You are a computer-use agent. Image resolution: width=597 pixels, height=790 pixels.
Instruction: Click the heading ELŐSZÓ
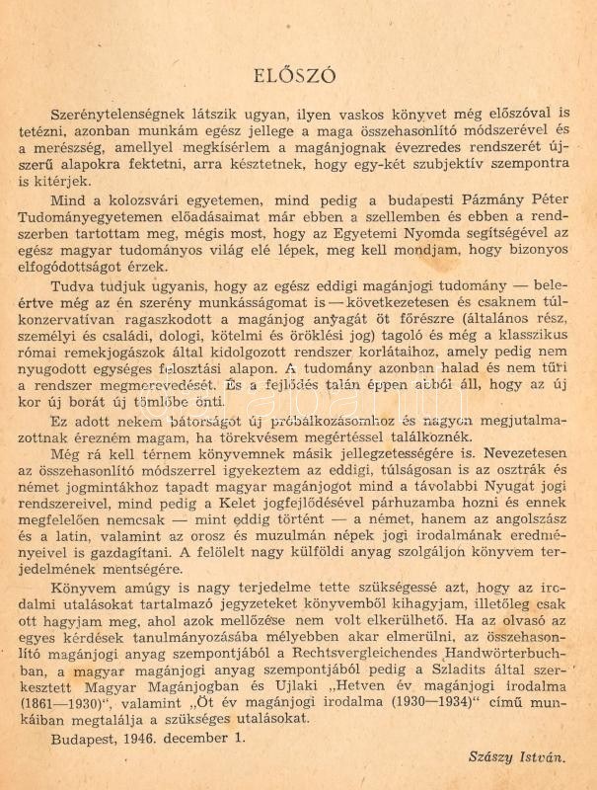297,76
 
